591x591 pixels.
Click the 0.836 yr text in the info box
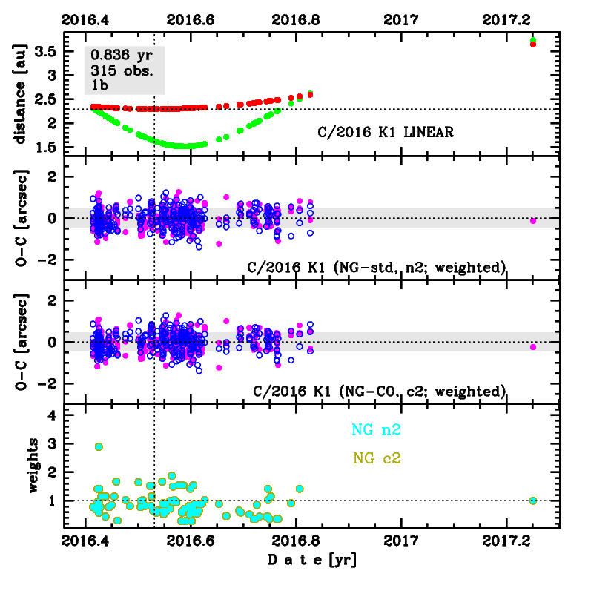[x=119, y=55]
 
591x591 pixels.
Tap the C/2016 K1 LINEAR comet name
[x=385, y=133]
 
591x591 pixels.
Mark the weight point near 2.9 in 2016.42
[x=99, y=446]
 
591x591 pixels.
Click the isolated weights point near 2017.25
[x=532, y=501]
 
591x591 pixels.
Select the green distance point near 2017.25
[x=532, y=40]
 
